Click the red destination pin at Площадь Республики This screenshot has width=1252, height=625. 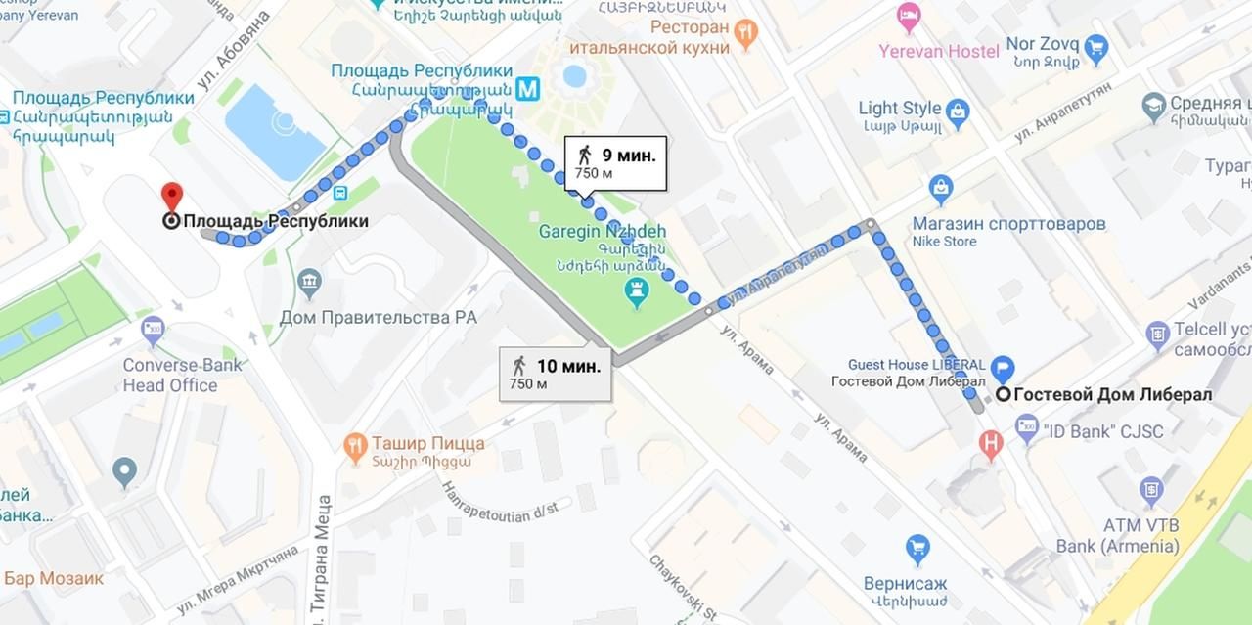tap(172, 196)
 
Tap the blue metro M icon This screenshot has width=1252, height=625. tap(528, 89)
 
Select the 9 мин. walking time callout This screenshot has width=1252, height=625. tap(616, 162)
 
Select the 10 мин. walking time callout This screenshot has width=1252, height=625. tap(556, 374)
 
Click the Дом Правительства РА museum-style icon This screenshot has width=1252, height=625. tap(309, 284)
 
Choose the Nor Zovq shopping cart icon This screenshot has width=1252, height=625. tap(1095, 46)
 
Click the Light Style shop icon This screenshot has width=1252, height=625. tap(957, 110)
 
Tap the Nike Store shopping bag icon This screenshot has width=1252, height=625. tap(941, 187)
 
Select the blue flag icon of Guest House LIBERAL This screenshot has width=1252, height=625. tap(1003, 370)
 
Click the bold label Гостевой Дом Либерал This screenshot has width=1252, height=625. tap(1112, 395)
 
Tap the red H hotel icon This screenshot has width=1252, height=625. tap(991, 444)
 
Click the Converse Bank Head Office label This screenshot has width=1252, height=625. tap(169, 375)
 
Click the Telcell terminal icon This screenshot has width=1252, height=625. tap(1157, 335)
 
